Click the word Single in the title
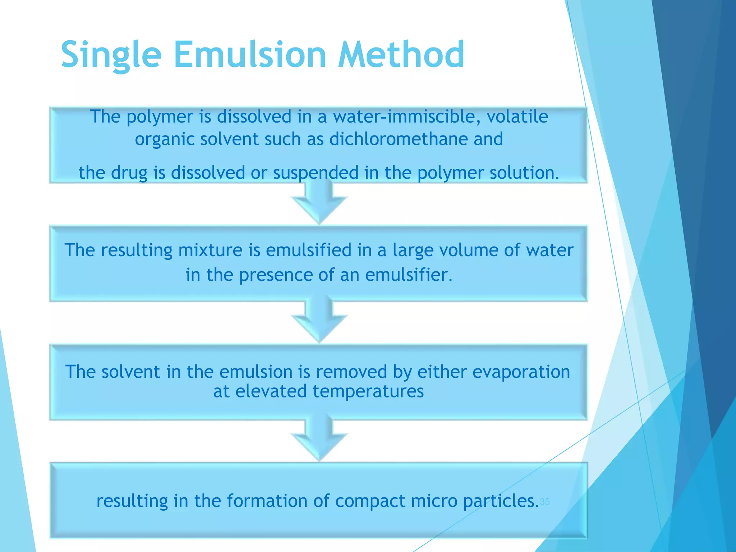point(111,55)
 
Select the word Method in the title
point(401,55)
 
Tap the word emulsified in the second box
point(308,250)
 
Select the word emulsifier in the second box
point(408,275)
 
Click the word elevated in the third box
point(271,391)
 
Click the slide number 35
point(545,502)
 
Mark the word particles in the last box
point(501,501)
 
